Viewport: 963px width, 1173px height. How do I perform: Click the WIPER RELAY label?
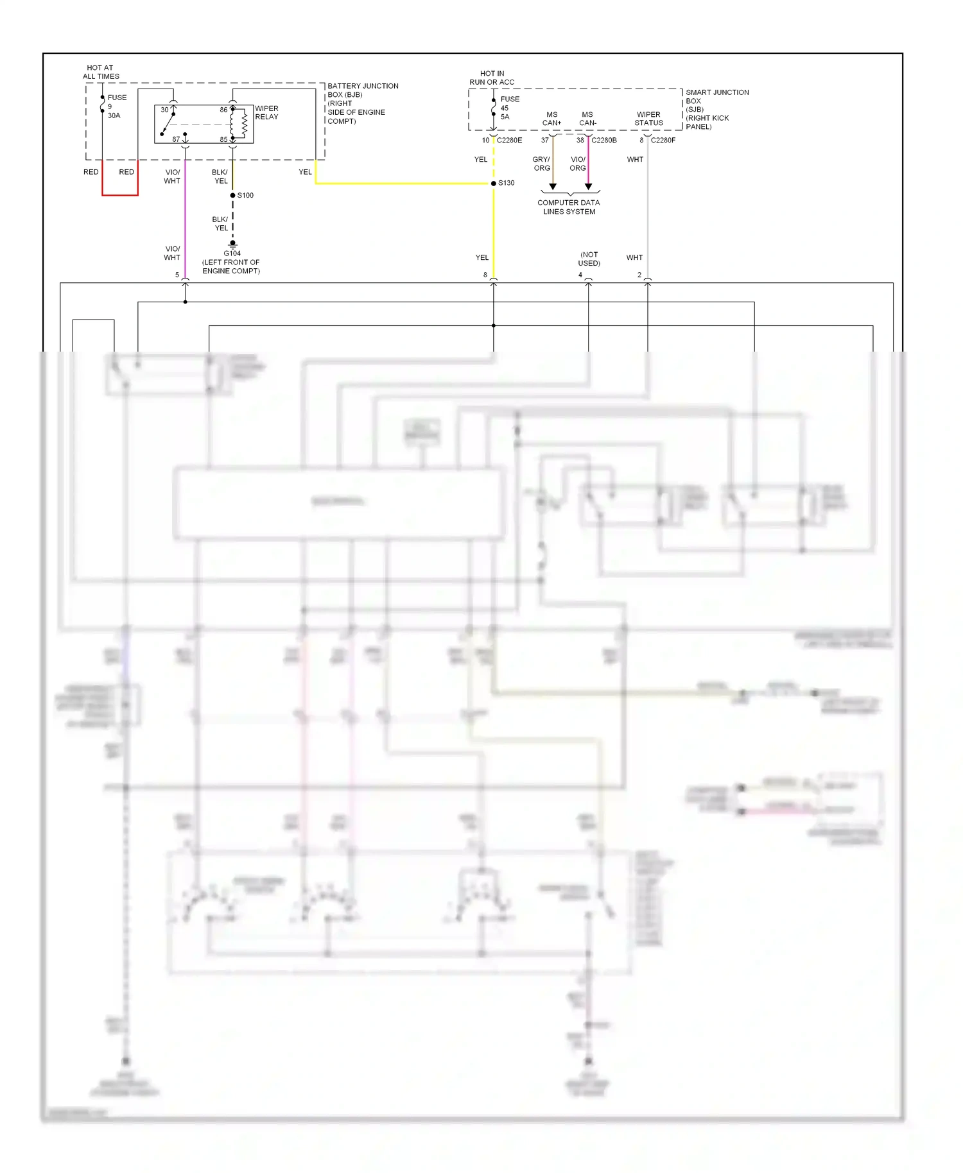(x=266, y=113)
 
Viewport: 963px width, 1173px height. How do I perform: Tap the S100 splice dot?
(x=232, y=195)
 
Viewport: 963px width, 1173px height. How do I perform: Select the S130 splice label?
(x=507, y=183)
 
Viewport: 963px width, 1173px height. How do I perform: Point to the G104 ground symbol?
(x=232, y=244)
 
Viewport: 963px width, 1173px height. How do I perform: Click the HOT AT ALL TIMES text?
(x=101, y=72)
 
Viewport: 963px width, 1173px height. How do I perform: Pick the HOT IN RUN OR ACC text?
(x=492, y=78)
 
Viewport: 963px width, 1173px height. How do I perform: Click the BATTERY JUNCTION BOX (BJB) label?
(x=363, y=103)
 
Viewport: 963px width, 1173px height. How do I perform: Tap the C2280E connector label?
(x=510, y=140)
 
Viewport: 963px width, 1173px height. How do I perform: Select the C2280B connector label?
(x=604, y=140)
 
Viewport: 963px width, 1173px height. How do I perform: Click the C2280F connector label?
(x=663, y=140)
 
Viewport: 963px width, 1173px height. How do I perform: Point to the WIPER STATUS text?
(x=648, y=119)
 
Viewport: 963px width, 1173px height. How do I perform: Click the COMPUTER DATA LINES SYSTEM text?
(x=569, y=207)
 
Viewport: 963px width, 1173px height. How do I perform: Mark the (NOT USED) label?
(x=589, y=259)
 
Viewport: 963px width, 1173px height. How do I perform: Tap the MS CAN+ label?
(x=552, y=119)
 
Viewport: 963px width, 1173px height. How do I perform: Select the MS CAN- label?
(x=587, y=119)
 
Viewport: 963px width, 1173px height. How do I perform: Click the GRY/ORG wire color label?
(x=542, y=164)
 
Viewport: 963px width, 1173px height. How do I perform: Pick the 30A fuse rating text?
(x=114, y=116)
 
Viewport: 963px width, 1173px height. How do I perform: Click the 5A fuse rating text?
(x=505, y=117)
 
